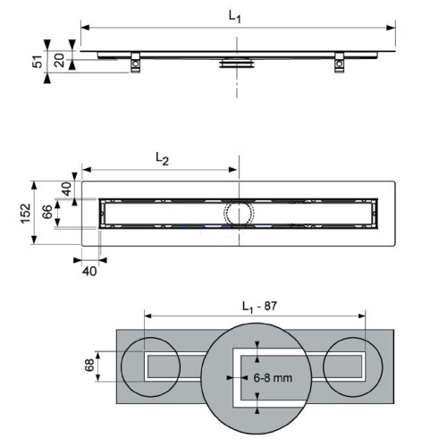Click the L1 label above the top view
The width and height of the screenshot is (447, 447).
coord(234,16)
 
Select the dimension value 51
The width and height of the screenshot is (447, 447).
coord(38,62)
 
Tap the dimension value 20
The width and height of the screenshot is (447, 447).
coord(59,60)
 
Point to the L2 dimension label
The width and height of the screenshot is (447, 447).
coord(163,158)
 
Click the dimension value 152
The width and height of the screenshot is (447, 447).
coord(25,213)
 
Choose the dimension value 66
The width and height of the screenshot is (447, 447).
coord(47,212)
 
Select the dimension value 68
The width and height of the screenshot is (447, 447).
coord(89,366)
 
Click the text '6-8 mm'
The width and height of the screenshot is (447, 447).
coord(273,378)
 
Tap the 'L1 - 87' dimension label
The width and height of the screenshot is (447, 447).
coord(259,307)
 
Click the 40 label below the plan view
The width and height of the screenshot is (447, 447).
coord(89,271)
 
